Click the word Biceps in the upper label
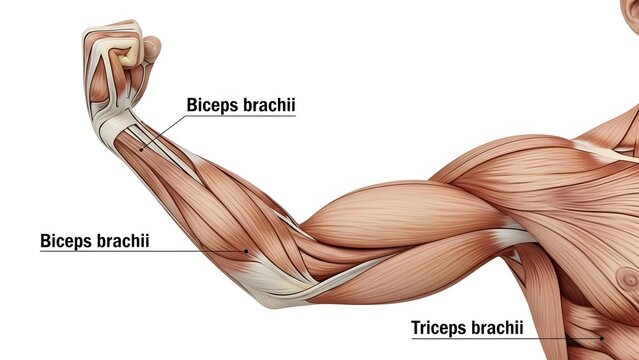tap(212, 105)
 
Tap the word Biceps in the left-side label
tap(65, 241)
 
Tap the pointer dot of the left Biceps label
tap(246, 250)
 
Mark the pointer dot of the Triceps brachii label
tap(572, 338)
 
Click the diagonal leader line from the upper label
tap(165, 131)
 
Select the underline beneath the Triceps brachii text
tap(480, 338)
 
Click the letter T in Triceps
tap(416, 327)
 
